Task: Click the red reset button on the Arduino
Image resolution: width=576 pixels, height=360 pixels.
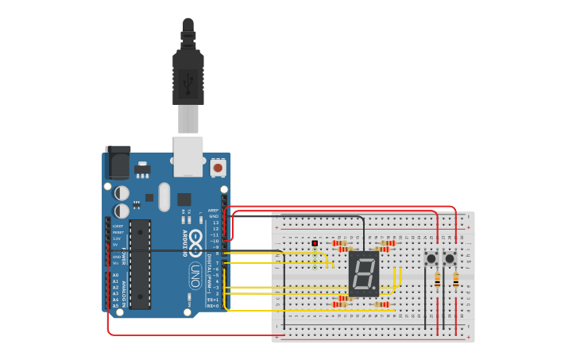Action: pyautogui.click(x=217, y=168)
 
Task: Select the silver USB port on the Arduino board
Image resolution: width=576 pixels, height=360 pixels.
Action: pyautogui.click(x=188, y=156)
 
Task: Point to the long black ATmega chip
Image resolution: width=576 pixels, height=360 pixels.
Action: pyautogui.click(x=140, y=264)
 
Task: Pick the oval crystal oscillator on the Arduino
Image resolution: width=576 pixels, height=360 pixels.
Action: pyautogui.click(x=164, y=196)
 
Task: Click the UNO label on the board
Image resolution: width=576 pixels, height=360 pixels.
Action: pyautogui.click(x=195, y=276)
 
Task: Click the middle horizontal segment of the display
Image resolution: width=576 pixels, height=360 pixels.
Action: pyautogui.click(x=363, y=274)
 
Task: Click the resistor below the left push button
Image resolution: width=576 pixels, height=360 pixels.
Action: pyautogui.click(x=437, y=280)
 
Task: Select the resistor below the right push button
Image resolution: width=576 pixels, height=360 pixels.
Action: pyautogui.click(x=456, y=280)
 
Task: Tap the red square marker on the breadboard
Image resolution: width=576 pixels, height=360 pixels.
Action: pyautogui.click(x=315, y=243)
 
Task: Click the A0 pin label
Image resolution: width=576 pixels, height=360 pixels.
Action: pyautogui.click(x=115, y=276)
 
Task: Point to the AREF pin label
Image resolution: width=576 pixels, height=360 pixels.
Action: pyautogui.click(x=213, y=211)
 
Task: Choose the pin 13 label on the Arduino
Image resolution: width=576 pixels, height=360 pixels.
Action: pyautogui.click(x=215, y=223)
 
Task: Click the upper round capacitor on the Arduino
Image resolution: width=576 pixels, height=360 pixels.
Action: pyautogui.click(x=122, y=193)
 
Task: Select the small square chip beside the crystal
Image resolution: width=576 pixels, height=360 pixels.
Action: pyautogui.click(x=184, y=199)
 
